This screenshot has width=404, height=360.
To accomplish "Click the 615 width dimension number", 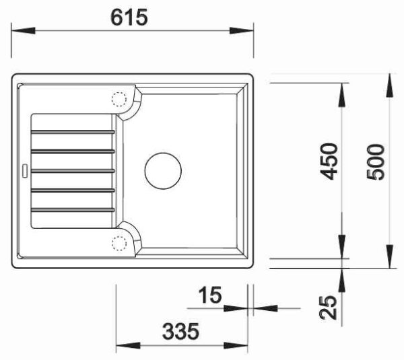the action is tap(129, 17).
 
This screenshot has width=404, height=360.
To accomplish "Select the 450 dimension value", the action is tap(328, 161).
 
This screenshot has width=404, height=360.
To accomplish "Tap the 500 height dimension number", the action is tap(375, 162).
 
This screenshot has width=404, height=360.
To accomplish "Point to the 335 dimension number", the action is tap(180, 331).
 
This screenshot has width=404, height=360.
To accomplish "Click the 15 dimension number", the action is tap(210, 295).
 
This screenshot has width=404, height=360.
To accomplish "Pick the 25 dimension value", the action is tap(328, 308).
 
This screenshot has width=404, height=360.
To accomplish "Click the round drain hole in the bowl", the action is tap(163, 171).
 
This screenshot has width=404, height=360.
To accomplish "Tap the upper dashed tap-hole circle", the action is tap(119, 100).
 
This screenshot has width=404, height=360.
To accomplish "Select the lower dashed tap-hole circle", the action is tap(119, 244).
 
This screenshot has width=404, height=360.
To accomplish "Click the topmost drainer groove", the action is tap(73, 132).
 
